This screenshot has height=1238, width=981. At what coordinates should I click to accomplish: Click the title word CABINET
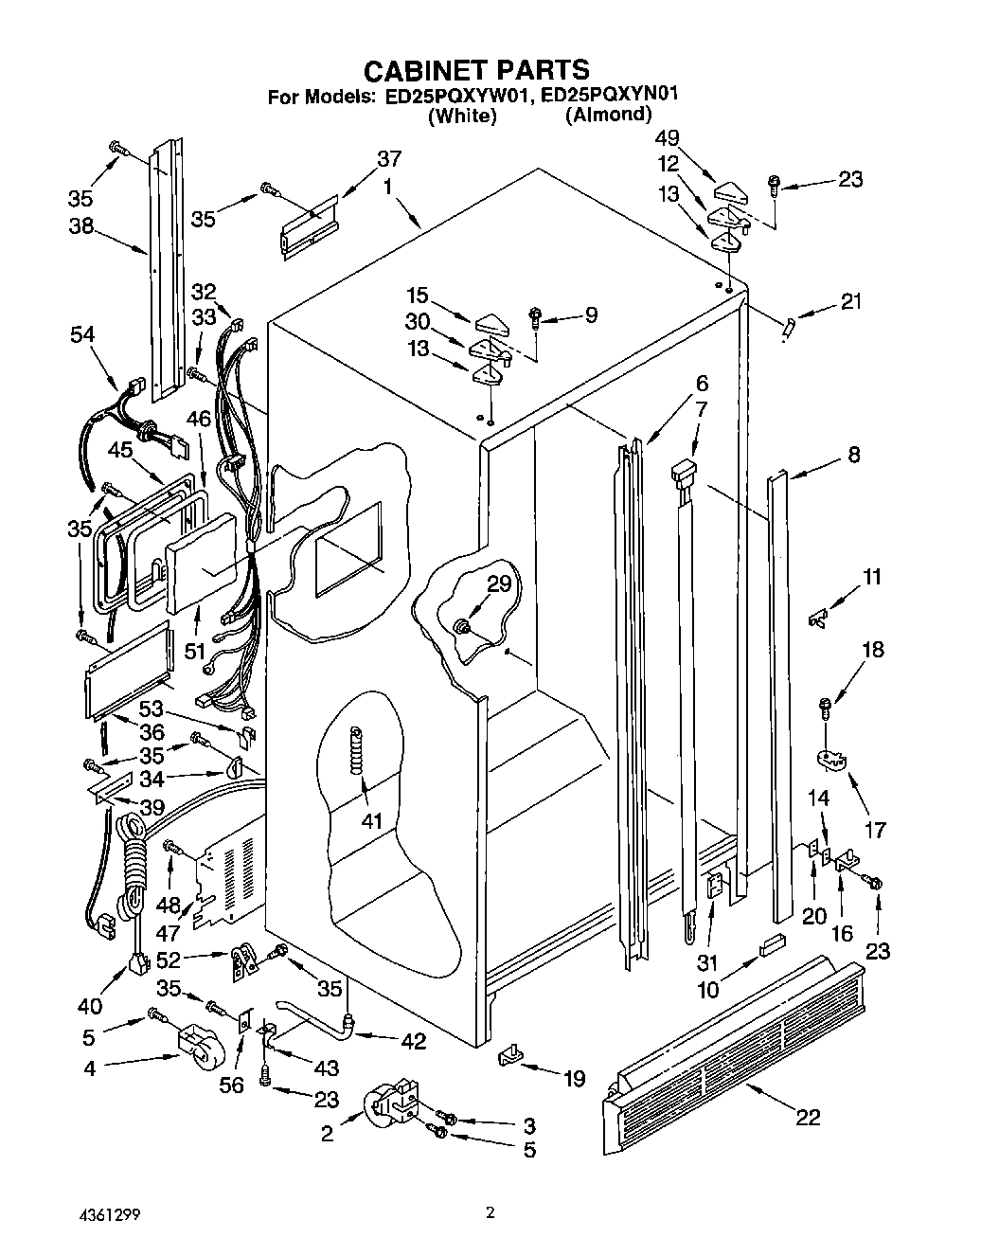(426, 69)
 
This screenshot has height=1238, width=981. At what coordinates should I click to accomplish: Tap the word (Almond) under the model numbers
(608, 115)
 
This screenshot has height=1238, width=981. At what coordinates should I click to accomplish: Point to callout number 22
(807, 1118)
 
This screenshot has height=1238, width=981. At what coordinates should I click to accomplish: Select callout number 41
(372, 821)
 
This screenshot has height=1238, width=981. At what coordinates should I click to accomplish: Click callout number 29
(499, 584)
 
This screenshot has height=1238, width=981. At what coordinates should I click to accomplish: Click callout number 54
(83, 333)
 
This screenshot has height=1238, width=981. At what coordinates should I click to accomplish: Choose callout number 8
(853, 455)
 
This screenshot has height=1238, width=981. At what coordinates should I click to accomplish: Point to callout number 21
(851, 302)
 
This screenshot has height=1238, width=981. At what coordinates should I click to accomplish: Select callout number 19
(574, 1078)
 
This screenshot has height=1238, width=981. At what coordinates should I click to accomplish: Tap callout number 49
(667, 138)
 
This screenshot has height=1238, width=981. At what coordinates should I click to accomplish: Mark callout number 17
(875, 830)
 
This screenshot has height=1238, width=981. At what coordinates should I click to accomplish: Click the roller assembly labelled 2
(390, 1104)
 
